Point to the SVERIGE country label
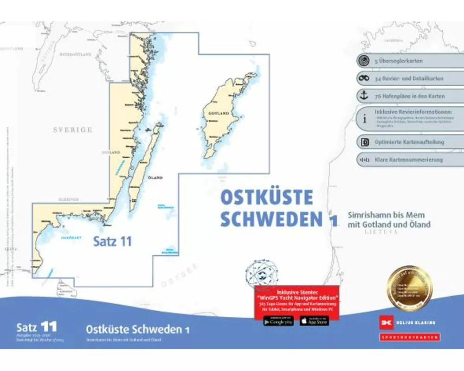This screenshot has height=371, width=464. [72, 130]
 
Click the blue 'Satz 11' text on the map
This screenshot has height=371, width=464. [113, 241]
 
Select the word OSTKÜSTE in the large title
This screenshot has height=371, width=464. [266, 198]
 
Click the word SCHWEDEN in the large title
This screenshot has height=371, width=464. [271, 219]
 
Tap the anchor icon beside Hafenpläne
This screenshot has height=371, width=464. [365, 96]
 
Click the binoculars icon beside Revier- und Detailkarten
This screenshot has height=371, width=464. [365, 78]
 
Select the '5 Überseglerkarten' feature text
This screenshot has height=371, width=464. [399, 61]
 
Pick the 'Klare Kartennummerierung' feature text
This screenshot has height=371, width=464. [409, 160]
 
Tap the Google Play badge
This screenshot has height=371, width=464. [278, 320]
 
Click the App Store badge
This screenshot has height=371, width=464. [314, 320]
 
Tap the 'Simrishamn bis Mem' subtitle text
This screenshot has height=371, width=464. [386, 215]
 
